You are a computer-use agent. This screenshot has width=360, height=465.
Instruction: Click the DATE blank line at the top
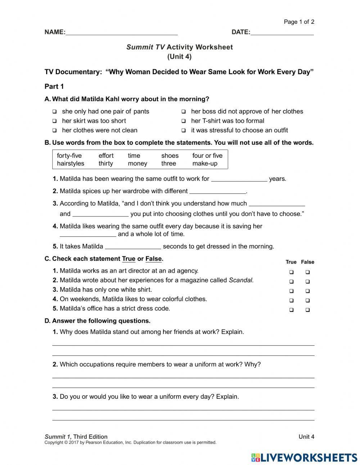tap(282, 32)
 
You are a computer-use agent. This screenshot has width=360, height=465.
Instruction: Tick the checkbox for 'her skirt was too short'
tap(54, 121)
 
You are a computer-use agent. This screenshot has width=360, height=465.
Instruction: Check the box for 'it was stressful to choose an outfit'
tap(184, 130)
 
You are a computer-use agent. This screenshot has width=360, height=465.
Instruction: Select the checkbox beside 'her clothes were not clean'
tap(54, 130)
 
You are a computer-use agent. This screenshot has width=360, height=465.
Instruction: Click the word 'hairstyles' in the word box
tap(71, 164)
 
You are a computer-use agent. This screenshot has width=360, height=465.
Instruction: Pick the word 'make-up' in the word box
tap(205, 164)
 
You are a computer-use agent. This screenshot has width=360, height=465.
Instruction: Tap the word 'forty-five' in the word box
tap(69, 156)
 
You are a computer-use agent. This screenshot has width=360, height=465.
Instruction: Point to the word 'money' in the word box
tap(138, 164)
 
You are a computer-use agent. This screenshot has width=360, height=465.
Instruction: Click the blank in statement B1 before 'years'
tap(239, 179)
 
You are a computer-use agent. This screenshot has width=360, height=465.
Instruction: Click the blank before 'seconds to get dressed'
tap(133, 247)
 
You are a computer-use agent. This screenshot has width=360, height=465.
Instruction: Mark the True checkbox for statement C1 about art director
tap(291, 272)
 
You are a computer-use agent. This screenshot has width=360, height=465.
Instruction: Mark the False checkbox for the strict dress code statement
tap(308, 310)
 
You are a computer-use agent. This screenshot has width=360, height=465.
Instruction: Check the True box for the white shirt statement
tap(291, 291)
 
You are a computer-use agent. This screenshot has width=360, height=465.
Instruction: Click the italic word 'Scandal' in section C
tap(241, 280)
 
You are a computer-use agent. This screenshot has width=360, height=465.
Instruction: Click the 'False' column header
tap(307, 262)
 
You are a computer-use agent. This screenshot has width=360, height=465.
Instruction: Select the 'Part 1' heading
tap(54, 86)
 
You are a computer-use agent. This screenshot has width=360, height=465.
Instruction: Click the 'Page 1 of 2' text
tap(299, 22)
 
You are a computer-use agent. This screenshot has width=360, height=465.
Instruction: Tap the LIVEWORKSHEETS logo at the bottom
tap(304, 457)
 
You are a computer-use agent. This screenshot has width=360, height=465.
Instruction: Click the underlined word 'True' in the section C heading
tap(129, 259)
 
